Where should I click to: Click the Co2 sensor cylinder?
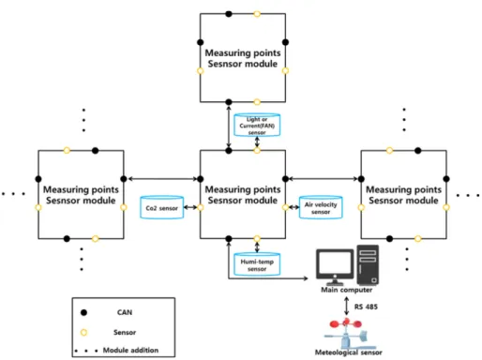click(x=161, y=207)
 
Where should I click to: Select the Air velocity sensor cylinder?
click(x=321, y=207)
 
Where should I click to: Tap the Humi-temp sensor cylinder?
click(x=257, y=264)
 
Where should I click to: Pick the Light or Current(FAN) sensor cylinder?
click(x=257, y=125)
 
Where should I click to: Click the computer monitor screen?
click(x=335, y=263)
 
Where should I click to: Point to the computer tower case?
click(x=368, y=264)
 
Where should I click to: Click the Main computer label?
click(x=346, y=290)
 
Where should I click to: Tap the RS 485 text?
click(x=366, y=307)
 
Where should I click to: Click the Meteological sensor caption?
click(x=348, y=352)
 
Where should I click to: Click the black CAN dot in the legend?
click(x=83, y=312)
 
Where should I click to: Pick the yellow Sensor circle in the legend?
click(x=83, y=333)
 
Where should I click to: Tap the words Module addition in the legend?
click(x=130, y=350)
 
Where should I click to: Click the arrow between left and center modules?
click(x=163, y=179)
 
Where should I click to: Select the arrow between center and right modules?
click(x=323, y=179)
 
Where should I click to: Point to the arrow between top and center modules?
click(x=229, y=127)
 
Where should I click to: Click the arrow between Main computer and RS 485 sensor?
click(x=346, y=306)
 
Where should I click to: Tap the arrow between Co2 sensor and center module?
click(x=190, y=207)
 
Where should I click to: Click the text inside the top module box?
click(x=243, y=58)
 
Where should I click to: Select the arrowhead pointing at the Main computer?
click(x=306, y=278)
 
